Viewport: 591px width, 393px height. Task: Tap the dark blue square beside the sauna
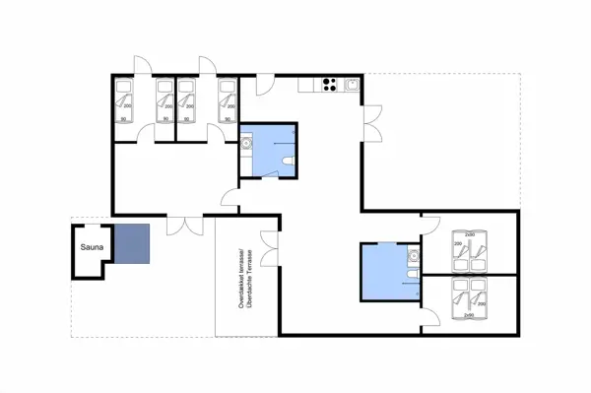(131, 244)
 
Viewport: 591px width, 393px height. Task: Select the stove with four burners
(330, 85)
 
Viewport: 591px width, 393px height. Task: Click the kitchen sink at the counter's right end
(351, 85)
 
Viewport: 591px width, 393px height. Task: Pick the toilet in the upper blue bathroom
(286, 162)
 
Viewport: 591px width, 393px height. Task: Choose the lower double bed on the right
(467, 297)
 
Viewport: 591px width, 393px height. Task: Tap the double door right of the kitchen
(369, 123)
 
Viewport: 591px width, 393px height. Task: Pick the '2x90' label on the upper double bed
(470, 233)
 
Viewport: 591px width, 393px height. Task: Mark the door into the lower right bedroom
(430, 321)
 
